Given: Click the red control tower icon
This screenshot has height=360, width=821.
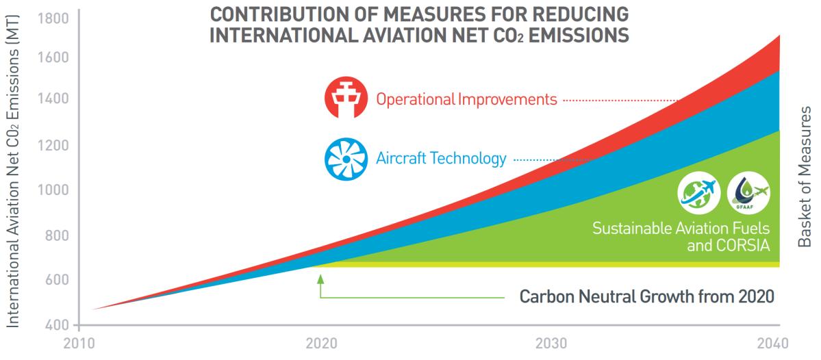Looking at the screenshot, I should (345, 99).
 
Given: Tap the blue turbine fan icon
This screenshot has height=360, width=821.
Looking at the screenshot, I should (345, 159).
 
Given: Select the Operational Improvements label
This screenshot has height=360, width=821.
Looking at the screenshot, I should (466, 100).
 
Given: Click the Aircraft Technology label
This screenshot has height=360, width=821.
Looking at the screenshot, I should (441, 159).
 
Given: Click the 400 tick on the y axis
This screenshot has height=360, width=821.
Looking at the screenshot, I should (54, 324).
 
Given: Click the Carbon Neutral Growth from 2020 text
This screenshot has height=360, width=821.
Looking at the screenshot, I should (646, 298).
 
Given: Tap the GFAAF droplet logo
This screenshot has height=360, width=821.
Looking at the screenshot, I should (747, 192).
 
